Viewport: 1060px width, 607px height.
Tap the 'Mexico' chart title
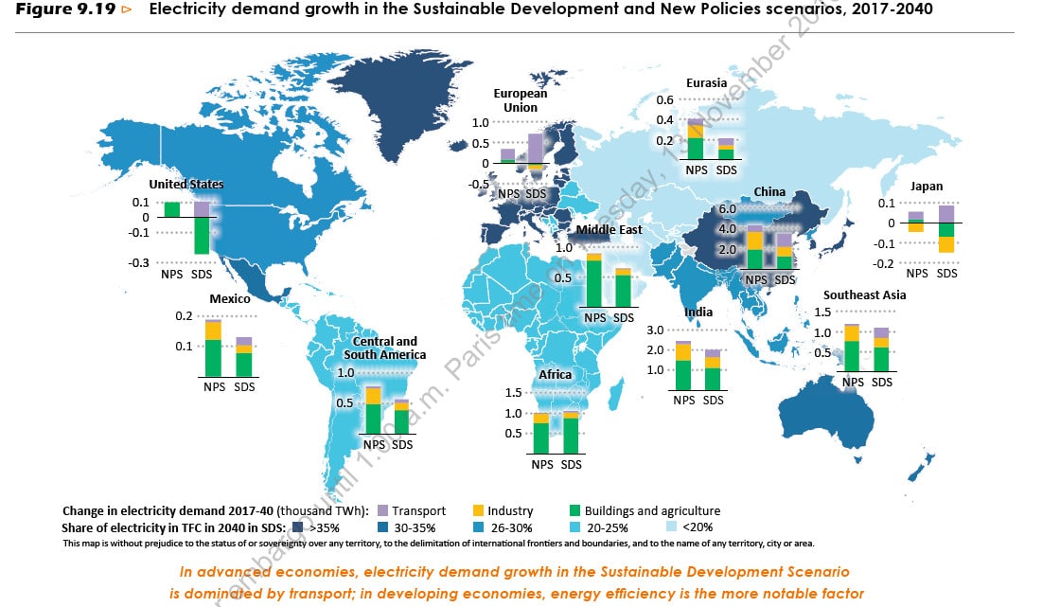tap(229, 299)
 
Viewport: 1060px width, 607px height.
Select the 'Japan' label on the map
tap(927, 187)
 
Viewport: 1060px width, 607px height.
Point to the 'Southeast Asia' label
tap(864, 295)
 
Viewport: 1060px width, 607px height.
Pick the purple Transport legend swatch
tap(383, 510)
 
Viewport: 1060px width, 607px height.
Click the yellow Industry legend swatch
tap(479, 510)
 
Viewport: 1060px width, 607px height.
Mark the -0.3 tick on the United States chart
tap(140, 262)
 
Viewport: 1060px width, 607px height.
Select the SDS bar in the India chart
tap(713, 370)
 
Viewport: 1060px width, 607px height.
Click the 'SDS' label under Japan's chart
tap(947, 274)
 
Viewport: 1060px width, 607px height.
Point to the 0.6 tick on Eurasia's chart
tap(664, 100)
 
